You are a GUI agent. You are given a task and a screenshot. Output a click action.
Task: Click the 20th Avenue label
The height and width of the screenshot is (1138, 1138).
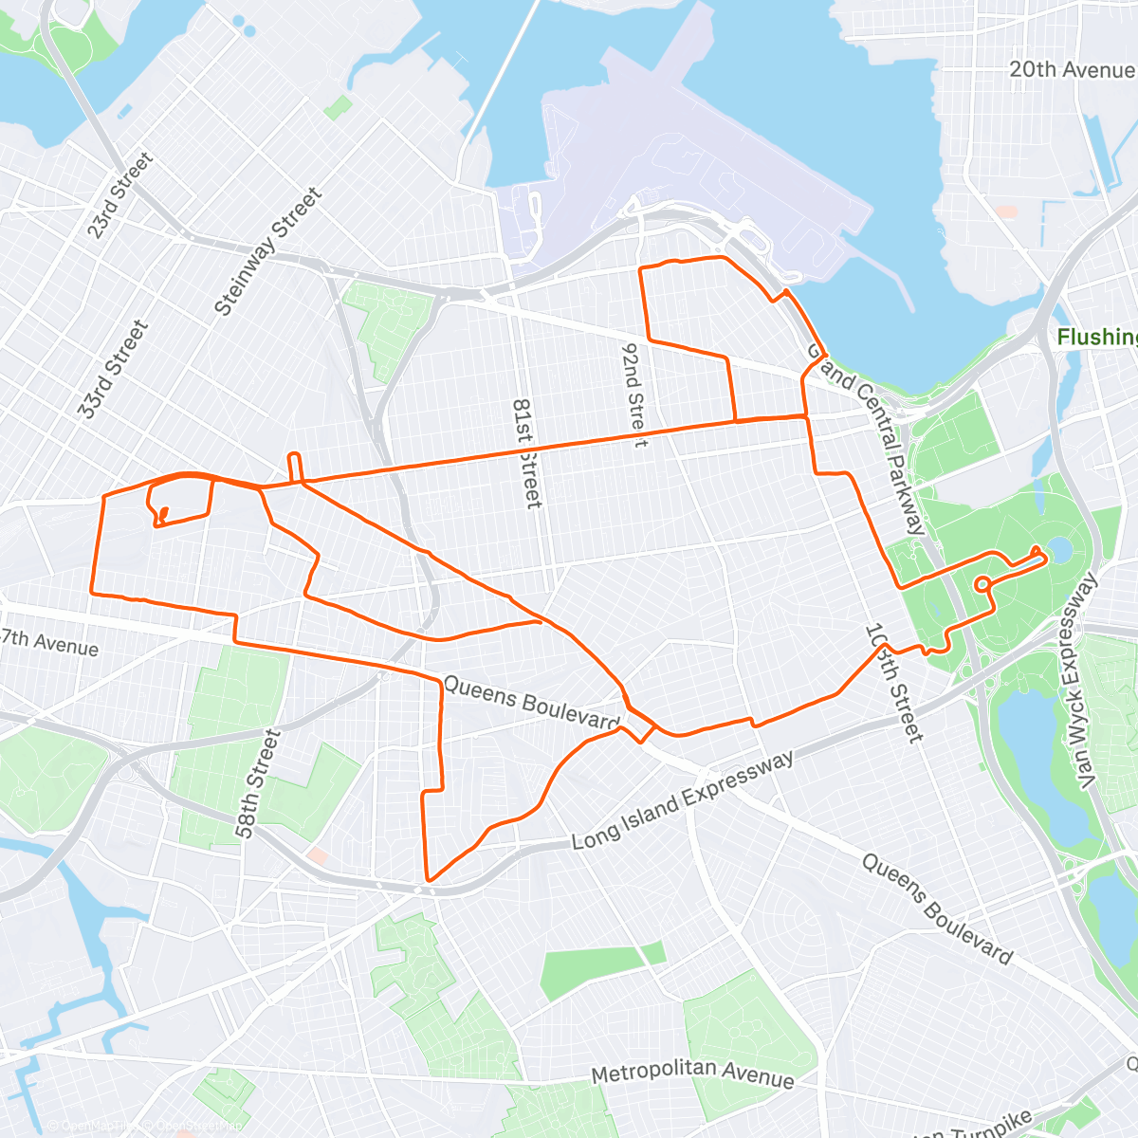(x=1071, y=69)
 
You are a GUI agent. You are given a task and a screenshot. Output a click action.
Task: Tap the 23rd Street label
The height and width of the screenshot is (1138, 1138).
(x=119, y=195)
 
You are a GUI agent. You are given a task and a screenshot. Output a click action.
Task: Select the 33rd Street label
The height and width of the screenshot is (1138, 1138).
(x=114, y=369)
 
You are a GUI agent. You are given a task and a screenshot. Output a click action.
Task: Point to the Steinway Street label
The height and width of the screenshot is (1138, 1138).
(x=268, y=251)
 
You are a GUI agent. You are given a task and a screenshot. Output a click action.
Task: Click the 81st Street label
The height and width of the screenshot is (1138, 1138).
(x=526, y=452)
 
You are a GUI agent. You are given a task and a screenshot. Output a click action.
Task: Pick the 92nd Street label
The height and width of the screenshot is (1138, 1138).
(x=633, y=394)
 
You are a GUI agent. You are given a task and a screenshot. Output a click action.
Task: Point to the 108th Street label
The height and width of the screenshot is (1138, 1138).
(x=893, y=683)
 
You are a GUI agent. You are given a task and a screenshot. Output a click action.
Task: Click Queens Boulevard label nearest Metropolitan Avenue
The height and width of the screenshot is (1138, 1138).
(x=937, y=908)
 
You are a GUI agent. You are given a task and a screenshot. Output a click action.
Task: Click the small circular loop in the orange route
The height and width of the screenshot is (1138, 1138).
(x=983, y=582)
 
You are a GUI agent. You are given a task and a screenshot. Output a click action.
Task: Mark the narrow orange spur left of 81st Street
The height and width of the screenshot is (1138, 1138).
(x=295, y=468)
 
